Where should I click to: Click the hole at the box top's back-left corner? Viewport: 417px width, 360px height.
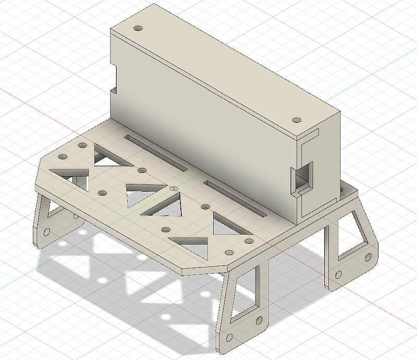point(138,28)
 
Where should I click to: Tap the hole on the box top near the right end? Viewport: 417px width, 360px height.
point(297,120)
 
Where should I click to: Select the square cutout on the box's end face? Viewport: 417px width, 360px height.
point(302,176)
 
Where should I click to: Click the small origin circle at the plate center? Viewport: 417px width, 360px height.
point(174,188)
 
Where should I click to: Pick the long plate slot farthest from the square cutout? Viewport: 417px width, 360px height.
point(155,152)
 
